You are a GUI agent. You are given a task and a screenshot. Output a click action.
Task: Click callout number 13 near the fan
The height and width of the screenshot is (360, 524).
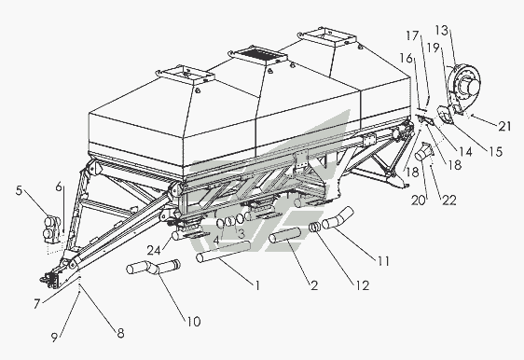pyautogui.click(x=441, y=31)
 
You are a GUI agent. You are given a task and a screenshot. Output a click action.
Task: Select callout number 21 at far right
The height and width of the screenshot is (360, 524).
pyautogui.click(x=504, y=126)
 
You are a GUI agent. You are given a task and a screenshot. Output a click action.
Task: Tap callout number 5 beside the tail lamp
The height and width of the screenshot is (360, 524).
pyautogui.click(x=19, y=190)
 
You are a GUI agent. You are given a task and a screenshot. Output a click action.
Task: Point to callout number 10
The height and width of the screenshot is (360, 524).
pyautogui.click(x=194, y=322)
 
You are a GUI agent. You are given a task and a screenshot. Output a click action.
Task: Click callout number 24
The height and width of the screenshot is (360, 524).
pyautogui.click(x=154, y=250)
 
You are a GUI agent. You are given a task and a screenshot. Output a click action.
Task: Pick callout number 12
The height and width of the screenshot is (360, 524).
pyautogui.click(x=363, y=285)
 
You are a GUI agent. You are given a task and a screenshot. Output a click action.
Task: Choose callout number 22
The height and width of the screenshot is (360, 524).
pyautogui.click(x=449, y=200)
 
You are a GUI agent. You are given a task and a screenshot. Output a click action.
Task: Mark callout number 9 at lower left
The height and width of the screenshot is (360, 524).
pyautogui.click(x=54, y=337)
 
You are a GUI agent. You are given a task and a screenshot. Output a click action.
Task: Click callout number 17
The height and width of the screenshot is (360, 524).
pyautogui.click(x=412, y=35)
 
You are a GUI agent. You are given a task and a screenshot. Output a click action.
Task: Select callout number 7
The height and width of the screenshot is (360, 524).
pyautogui.click(x=37, y=303)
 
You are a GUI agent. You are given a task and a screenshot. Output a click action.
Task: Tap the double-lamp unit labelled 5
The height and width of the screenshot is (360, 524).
pyautogui.click(x=52, y=228)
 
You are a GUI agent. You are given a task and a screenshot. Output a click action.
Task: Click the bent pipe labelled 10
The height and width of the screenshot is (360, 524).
pyautogui.click(x=154, y=268)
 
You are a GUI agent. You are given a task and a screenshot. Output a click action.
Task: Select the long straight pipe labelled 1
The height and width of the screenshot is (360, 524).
pyautogui.click(x=223, y=252)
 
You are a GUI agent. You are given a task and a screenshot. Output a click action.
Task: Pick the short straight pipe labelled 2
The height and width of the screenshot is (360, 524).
pyautogui.click(x=285, y=235)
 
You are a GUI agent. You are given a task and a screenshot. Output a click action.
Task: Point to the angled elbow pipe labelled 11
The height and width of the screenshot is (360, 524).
pyautogui.click(x=338, y=218)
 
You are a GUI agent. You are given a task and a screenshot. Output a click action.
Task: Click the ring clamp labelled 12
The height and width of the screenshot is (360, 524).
pyautogui.click(x=314, y=228)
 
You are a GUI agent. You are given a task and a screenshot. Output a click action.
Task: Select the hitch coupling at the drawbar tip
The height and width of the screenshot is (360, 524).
pyautogui.click(x=49, y=280)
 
